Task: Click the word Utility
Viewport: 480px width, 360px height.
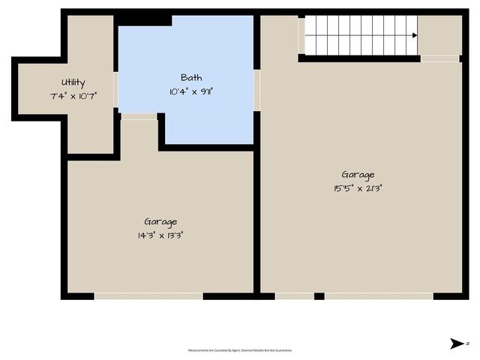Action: coord(73,82)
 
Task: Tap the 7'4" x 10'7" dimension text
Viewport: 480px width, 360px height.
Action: coord(73,95)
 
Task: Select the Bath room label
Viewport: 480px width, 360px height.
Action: coord(191,77)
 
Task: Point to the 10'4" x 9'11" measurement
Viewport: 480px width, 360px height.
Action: coord(191,91)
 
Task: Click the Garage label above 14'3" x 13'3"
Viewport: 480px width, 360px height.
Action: coord(160,222)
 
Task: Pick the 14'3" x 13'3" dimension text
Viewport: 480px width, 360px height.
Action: coord(160,235)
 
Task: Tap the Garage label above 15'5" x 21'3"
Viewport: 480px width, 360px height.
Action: coord(358,175)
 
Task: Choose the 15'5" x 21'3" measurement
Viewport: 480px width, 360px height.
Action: coord(358,187)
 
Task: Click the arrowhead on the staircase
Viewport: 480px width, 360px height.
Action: coord(414,35)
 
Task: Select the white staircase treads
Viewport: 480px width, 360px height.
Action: coord(356,35)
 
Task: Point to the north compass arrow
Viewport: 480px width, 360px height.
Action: coord(457,343)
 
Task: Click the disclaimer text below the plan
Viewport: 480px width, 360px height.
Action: coord(240,350)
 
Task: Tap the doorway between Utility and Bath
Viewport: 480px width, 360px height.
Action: coord(116,89)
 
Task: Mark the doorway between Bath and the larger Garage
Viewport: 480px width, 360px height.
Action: coord(257,90)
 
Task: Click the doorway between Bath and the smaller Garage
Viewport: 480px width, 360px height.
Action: coord(139,116)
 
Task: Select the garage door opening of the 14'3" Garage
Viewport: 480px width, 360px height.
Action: coord(148,296)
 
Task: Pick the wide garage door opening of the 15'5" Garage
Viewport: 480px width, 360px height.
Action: coord(379,296)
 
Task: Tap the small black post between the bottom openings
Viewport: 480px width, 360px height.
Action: coord(319,296)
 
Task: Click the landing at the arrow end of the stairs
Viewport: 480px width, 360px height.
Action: coord(439,35)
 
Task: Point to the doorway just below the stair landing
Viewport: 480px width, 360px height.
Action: coord(440,58)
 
